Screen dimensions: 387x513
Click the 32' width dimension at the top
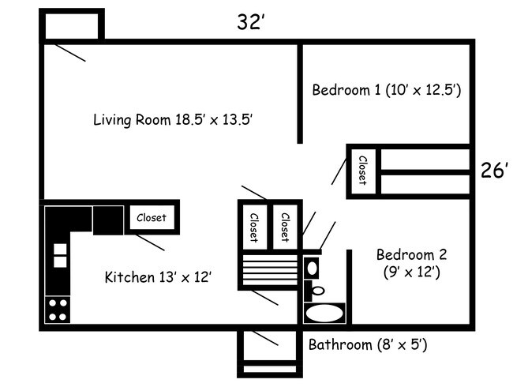point(249,22)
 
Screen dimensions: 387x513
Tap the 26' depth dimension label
point(495,171)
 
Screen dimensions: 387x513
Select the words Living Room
point(130,120)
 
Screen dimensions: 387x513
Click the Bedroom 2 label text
point(411,255)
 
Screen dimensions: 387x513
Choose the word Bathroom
point(339,345)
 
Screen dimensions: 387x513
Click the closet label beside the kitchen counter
point(152,217)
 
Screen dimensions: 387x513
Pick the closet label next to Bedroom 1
point(362,170)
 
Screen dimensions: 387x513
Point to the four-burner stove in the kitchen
point(58,308)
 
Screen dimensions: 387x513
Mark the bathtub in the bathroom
point(324,314)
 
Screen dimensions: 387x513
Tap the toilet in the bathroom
point(317,289)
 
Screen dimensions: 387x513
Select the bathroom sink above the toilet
point(312,269)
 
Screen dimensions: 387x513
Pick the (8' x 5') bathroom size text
point(402,345)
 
